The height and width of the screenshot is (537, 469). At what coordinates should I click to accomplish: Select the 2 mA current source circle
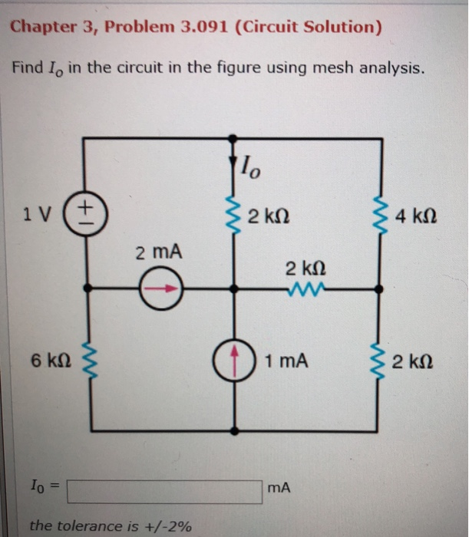tap(162, 289)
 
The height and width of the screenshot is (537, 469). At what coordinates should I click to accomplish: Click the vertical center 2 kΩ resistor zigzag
tap(233, 212)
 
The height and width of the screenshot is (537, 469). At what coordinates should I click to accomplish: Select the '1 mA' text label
tap(286, 358)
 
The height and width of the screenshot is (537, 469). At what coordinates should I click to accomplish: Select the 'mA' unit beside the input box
tap(279, 486)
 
